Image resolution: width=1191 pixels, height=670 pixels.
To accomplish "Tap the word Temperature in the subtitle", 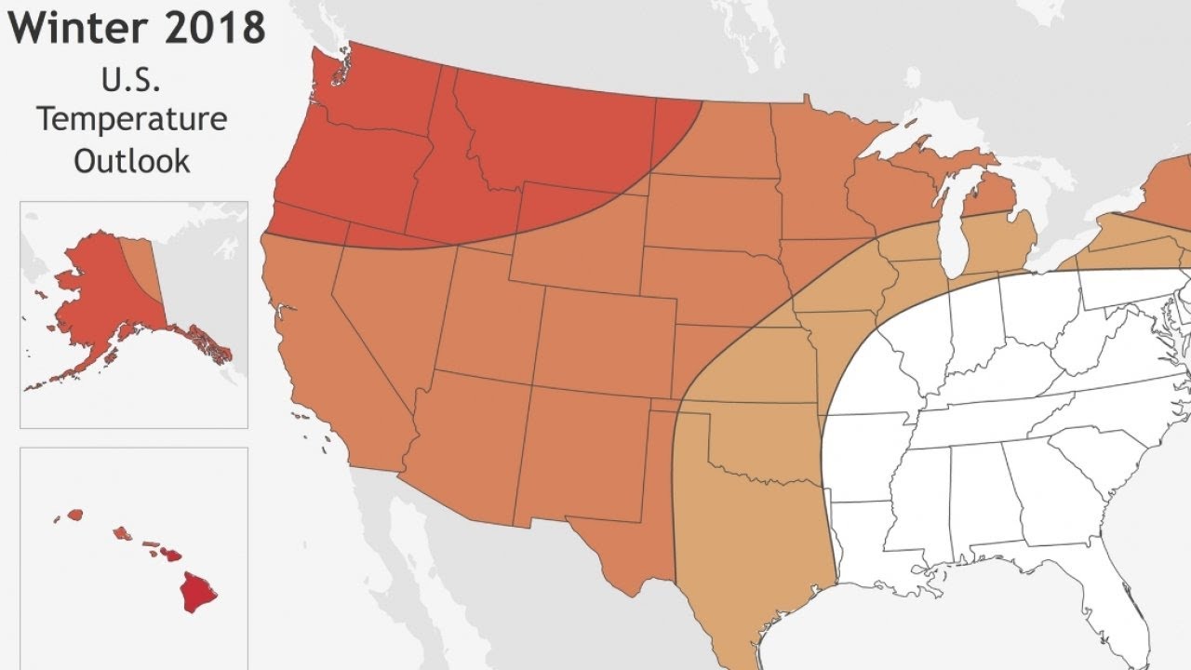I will click(132, 120).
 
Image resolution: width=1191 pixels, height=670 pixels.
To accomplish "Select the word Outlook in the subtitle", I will click(132, 160).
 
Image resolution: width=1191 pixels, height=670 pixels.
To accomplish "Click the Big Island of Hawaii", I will click(198, 591).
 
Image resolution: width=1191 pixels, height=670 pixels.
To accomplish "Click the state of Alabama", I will click(977, 493).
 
